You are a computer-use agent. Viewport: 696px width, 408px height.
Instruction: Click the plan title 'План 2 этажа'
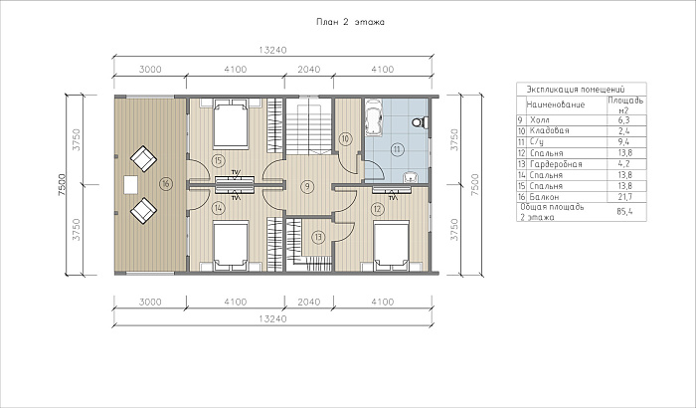click(350, 22)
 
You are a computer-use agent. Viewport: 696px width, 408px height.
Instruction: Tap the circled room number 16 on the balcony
click(166, 184)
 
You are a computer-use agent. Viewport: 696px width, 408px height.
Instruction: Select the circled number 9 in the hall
click(306, 186)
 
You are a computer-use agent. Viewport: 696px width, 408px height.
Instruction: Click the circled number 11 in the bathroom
click(397, 149)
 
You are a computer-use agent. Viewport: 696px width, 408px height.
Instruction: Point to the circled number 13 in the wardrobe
click(318, 237)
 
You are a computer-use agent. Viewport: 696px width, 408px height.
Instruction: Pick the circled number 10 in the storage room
click(346, 139)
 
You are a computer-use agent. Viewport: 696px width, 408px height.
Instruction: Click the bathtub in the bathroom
click(375, 116)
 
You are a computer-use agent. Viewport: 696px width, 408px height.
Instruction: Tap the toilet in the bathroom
click(420, 122)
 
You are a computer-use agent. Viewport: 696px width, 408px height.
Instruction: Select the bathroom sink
click(411, 178)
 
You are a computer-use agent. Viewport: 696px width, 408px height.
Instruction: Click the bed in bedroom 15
click(231, 124)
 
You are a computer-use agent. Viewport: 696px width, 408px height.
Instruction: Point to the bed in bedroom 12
click(391, 246)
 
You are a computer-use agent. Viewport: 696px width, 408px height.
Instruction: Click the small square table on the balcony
click(130, 185)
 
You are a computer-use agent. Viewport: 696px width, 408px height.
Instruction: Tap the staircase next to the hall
click(308, 126)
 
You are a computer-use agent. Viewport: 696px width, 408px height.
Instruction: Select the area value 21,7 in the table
click(624, 197)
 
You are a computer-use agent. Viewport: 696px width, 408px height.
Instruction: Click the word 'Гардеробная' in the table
click(556, 164)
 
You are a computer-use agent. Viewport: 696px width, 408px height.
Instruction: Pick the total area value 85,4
click(624, 212)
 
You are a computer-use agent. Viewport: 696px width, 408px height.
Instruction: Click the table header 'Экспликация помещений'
click(576, 90)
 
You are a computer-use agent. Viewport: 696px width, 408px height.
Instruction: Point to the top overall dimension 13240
click(272, 50)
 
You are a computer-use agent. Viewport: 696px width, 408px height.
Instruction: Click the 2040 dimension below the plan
click(309, 303)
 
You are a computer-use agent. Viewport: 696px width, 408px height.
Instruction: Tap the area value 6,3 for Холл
click(624, 120)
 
